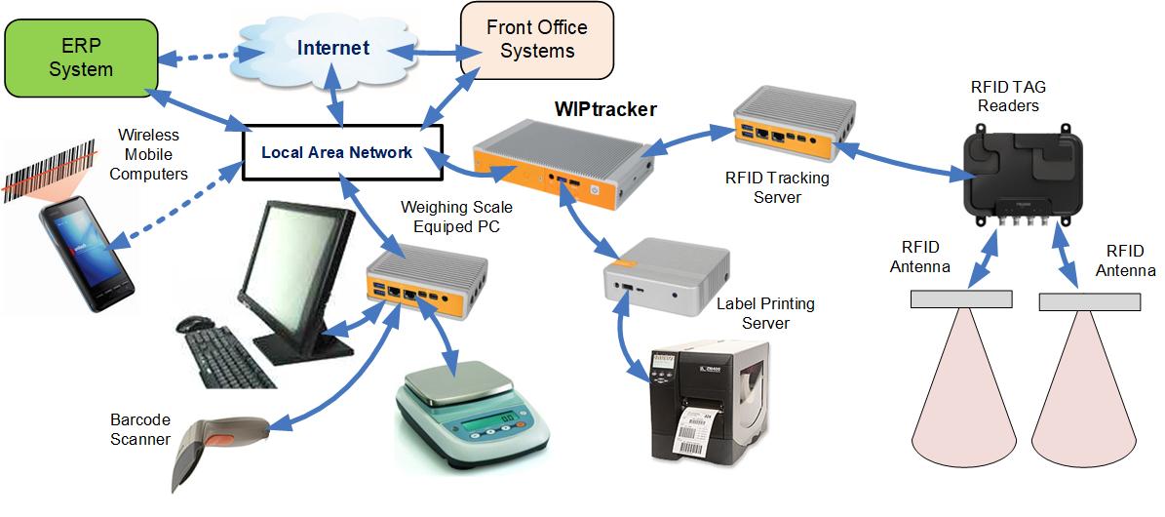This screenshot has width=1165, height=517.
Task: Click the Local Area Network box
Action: click(336, 152)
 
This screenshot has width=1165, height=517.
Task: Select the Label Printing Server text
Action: click(765, 313)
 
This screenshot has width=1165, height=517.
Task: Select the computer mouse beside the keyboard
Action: click(195, 323)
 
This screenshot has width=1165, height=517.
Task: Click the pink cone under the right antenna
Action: click(1087, 400)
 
